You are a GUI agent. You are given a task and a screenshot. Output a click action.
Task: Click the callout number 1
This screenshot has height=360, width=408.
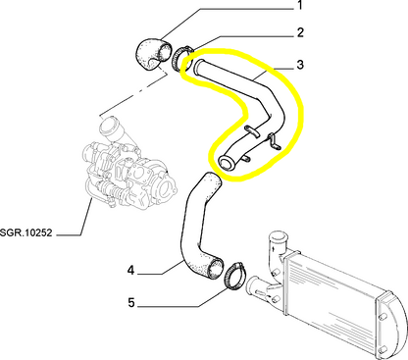300,7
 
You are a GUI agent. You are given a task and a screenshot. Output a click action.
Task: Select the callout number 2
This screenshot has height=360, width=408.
300,32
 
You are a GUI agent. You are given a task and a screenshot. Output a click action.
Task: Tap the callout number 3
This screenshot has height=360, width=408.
300,66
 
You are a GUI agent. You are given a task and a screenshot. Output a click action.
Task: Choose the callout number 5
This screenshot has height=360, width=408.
130,303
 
